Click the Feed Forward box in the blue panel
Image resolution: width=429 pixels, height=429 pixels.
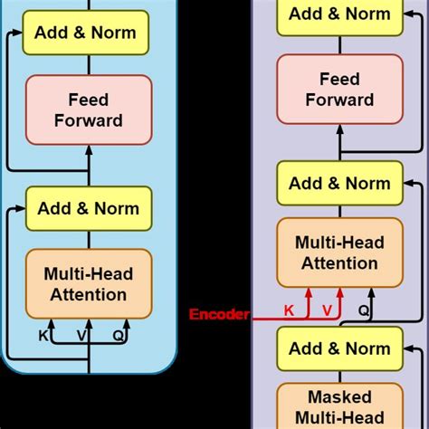88,109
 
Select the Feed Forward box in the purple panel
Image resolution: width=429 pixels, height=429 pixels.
339,89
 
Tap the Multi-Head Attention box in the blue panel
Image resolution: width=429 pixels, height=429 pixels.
88,283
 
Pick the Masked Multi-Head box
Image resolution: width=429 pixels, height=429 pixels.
339,406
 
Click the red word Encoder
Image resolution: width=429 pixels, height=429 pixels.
219,315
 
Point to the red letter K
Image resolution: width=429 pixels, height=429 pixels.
290,310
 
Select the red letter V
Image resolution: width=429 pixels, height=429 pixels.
327,310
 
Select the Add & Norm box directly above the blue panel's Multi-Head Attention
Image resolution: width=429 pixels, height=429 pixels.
89,208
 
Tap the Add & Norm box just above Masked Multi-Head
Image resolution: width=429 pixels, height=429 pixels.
339,348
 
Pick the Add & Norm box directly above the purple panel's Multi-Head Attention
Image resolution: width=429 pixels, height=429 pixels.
339,184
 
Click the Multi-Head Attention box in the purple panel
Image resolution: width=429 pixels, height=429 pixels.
339,253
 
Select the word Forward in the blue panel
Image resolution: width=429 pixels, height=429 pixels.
88,119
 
